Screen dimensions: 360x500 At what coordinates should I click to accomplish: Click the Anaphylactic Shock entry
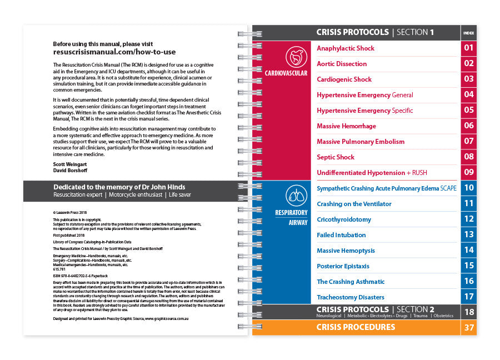346,48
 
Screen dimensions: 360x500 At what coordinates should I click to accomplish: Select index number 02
469,63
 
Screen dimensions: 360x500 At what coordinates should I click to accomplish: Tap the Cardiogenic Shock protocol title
344,79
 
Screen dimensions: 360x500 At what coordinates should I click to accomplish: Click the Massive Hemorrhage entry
346,126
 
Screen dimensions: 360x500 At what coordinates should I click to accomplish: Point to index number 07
469,141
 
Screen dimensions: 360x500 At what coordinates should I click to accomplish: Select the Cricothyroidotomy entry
343,219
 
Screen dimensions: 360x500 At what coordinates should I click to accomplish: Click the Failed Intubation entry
341,235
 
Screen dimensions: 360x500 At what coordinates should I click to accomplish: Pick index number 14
469,250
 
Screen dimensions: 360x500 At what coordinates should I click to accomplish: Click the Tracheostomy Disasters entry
350,297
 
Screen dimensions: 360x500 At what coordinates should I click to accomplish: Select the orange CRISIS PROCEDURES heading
356,327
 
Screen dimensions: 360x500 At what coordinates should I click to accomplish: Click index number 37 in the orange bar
469,328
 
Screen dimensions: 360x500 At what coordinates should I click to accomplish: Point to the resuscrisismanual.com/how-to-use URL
114,52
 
